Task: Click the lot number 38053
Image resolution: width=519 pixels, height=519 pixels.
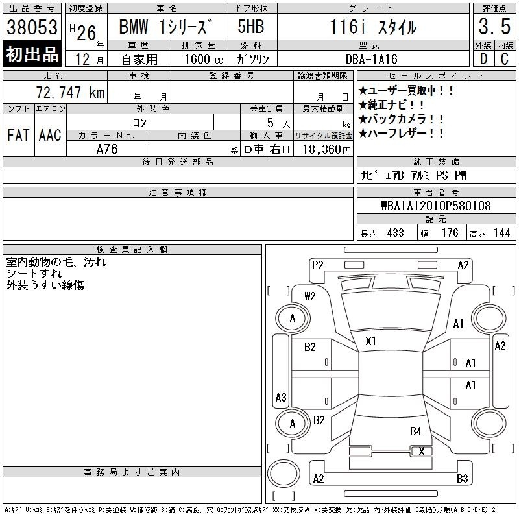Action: pyautogui.click(x=32, y=27)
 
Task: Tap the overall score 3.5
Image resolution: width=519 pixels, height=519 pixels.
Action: pyautogui.click(x=494, y=27)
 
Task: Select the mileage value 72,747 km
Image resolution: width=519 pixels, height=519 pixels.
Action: pyautogui.click(x=70, y=92)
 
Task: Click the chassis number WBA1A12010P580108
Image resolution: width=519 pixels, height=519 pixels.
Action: pyautogui.click(x=436, y=206)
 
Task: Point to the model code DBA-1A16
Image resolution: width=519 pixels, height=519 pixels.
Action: pyautogui.click(x=371, y=59)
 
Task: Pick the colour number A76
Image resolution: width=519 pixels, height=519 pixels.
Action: pyautogui.click(x=107, y=149)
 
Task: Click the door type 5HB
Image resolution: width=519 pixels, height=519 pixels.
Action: pyautogui.click(x=251, y=27)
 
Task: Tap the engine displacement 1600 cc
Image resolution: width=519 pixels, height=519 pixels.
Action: pyautogui.click(x=204, y=59)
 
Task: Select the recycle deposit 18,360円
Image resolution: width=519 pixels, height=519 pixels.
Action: pyautogui.click(x=327, y=149)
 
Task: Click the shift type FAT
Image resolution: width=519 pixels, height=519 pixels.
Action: pyautogui.click(x=18, y=135)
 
